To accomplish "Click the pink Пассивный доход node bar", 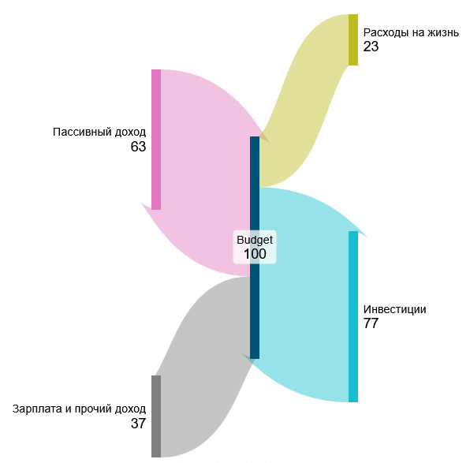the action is click(156, 140).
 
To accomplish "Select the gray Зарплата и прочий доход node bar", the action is click(156, 416).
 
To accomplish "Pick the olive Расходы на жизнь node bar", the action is click(353, 39).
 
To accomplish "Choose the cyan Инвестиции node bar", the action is click(353, 316).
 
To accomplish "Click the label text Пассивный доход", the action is click(99, 132).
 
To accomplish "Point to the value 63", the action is click(138, 147).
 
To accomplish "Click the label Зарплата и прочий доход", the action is click(79, 409).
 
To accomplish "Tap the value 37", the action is click(138, 424).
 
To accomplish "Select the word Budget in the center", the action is click(255, 240).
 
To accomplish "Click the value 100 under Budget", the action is click(255, 254).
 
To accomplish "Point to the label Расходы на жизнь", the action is click(411, 32).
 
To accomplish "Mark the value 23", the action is click(371, 47).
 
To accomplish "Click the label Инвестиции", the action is click(395, 309).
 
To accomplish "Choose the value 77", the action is click(371, 323).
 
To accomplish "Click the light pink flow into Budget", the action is click(203, 174).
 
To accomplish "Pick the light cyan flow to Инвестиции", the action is click(303, 294).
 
